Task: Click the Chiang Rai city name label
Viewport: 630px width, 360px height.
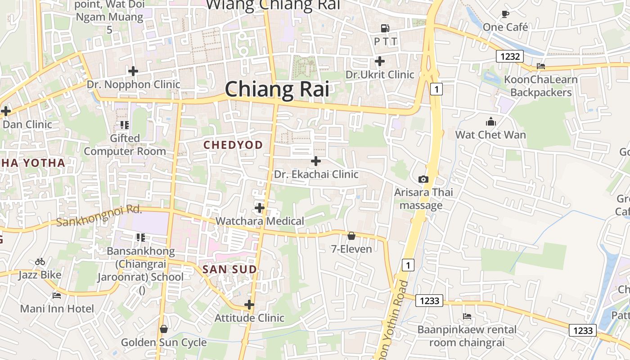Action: (277, 89)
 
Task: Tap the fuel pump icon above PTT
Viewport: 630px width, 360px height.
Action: (385, 28)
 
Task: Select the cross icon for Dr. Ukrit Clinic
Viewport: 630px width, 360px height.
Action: (380, 61)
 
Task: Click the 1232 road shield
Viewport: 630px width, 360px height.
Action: (510, 57)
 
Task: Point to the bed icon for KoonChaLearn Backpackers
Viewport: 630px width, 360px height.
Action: (541, 66)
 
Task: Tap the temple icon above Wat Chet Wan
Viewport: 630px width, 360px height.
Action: (490, 121)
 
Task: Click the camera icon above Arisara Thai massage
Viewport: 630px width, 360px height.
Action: (423, 179)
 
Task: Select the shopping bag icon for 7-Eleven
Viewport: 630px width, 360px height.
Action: (351, 236)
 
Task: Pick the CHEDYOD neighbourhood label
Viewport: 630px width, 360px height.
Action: (233, 145)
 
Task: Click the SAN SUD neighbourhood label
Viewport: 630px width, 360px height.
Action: (229, 270)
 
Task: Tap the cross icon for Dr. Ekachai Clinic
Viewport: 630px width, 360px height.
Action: (316, 161)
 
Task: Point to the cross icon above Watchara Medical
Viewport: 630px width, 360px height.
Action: (260, 207)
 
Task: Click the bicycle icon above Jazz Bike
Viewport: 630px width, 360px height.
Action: (40, 261)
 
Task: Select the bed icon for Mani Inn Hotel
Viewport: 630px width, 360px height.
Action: (57, 295)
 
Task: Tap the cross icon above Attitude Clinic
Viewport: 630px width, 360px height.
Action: (249, 305)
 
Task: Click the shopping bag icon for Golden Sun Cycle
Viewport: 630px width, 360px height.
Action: (164, 329)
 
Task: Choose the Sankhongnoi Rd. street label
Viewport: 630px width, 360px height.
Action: (99, 215)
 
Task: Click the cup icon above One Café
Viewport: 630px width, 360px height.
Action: (505, 14)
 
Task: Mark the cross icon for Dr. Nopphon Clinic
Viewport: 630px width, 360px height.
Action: (133, 71)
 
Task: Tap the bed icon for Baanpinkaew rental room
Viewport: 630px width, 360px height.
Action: (467, 316)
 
